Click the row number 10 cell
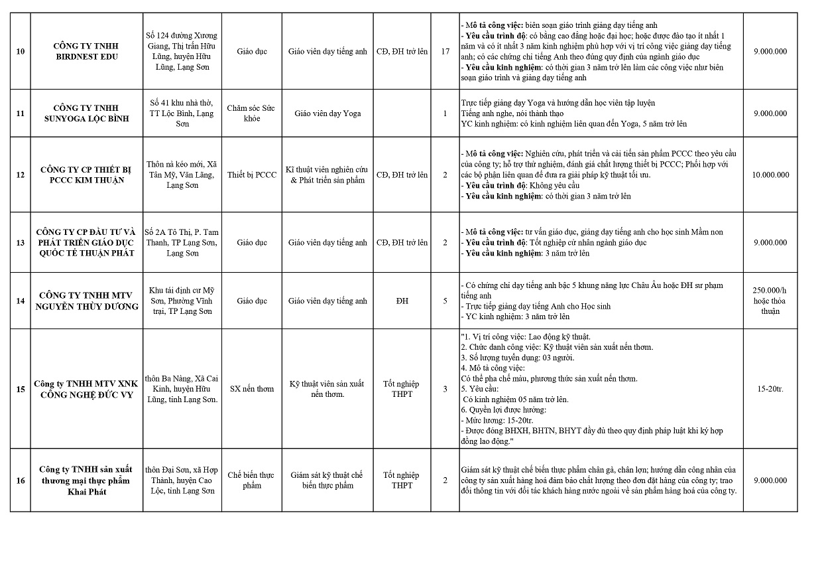point(21,51)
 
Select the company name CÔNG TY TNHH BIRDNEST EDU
point(86,51)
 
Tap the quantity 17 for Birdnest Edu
point(445,51)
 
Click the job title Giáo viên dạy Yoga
point(327,113)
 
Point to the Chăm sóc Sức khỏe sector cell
point(251,113)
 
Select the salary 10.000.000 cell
point(770,175)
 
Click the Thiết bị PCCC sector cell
point(251,175)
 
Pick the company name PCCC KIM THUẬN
point(86,175)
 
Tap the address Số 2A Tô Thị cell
point(182,243)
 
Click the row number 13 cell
point(21,243)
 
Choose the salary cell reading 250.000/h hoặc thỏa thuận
point(770,301)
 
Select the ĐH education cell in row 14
point(402,301)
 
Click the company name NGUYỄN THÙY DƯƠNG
point(86,301)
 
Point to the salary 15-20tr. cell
point(770,389)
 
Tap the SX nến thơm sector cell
point(251,389)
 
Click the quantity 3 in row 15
point(445,389)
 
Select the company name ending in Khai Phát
point(86,480)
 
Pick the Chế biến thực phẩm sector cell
point(251,480)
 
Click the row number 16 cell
point(21,480)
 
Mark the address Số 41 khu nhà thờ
point(182,113)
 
